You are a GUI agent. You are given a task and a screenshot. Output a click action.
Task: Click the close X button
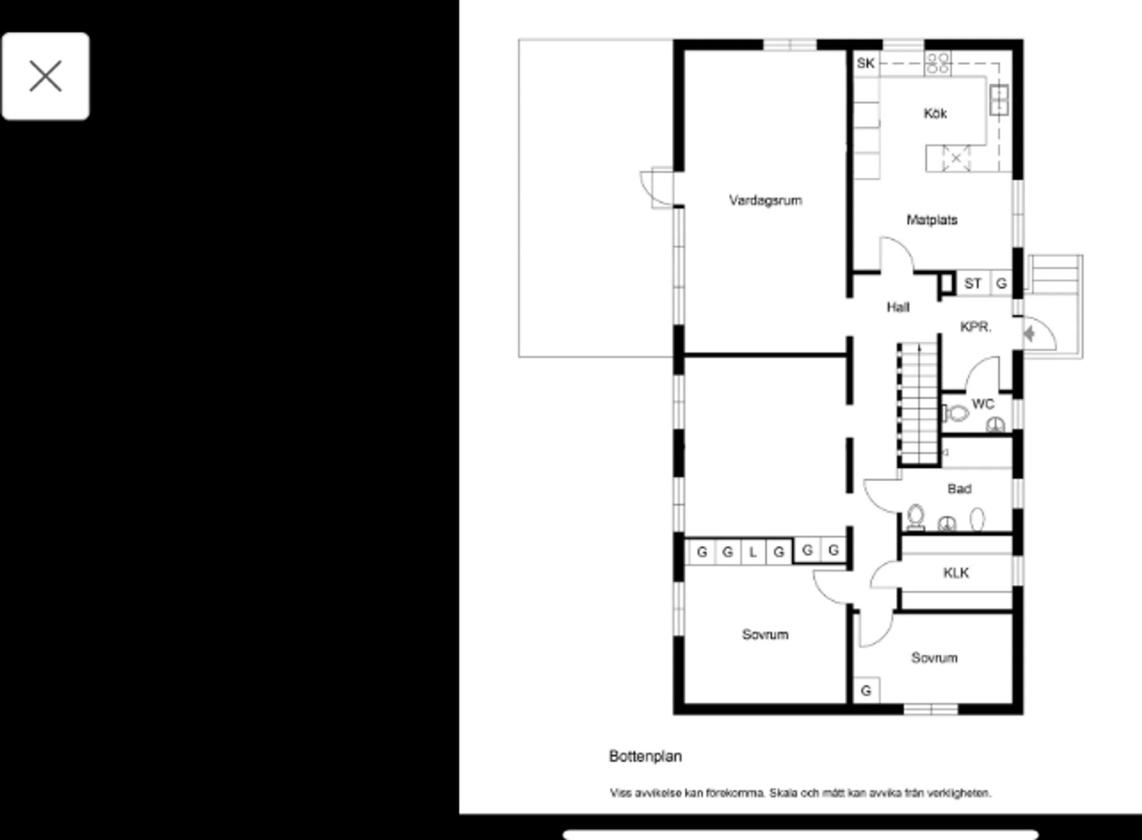pyautogui.click(x=46, y=76)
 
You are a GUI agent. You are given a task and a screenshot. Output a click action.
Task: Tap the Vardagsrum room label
pyautogui.click(x=765, y=200)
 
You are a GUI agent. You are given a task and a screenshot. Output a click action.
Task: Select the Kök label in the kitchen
pyautogui.click(x=935, y=114)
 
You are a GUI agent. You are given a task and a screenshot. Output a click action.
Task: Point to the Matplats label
pyautogui.click(x=932, y=220)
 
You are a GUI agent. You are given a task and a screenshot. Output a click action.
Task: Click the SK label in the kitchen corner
pyautogui.click(x=866, y=63)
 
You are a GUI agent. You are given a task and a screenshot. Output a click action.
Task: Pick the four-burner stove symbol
pyautogui.click(x=938, y=63)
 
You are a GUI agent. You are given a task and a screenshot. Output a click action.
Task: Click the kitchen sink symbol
pyautogui.click(x=999, y=99)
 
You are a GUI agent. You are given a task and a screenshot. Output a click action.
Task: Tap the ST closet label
pyautogui.click(x=973, y=284)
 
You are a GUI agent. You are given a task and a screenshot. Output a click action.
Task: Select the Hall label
pyautogui.click(x=898, y=308)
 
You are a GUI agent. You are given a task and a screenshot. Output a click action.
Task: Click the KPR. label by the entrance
pyautogui.click(x=975, y=327)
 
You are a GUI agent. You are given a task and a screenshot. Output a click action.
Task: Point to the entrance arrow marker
pyautogui.click(x=1030, y=334)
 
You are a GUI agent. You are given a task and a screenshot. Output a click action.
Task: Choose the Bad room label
pyautogui.click(x=959, y=489)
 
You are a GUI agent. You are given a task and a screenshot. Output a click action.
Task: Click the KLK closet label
pyautogui.click(x=956, y=573)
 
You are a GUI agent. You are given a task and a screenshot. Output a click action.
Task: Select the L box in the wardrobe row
pyautogui.click(x=753, y=552)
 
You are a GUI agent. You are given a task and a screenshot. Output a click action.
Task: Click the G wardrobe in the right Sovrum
pyautogui.click(x=866, y=691)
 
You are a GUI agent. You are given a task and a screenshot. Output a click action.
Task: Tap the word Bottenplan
pyautogui.click(x=645, y=757)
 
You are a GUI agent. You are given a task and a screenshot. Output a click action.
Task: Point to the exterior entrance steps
pyautogui.click(x=1055, y=274)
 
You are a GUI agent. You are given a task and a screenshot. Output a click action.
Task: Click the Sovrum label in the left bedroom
pyautogui.click(x=765, y=635)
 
